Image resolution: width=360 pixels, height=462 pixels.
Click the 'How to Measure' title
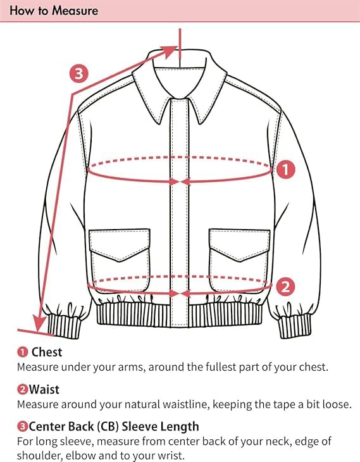coord(54,11)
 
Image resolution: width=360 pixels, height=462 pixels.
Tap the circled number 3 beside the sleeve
coord(78,74)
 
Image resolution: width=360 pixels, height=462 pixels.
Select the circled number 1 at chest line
coord(287,169)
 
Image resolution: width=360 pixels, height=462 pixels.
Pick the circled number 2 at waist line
coord(287,287)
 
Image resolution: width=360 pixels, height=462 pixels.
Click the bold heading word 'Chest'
coord(47,352)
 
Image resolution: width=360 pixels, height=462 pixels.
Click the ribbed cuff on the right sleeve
coord(292,325)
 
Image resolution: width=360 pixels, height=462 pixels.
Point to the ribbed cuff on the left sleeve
coord(65,323)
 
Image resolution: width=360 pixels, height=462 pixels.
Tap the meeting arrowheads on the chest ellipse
coord(181,181)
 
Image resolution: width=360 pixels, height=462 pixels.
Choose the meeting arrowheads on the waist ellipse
coord(181,293)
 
